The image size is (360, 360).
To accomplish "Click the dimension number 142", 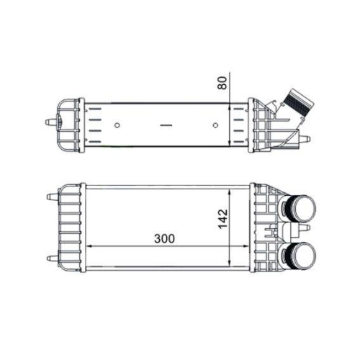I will pos(222,216).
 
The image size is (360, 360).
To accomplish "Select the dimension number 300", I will pos(165,237).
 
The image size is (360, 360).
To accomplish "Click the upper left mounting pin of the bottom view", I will pos(50,196).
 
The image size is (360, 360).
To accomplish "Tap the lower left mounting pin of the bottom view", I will pos(50,257).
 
